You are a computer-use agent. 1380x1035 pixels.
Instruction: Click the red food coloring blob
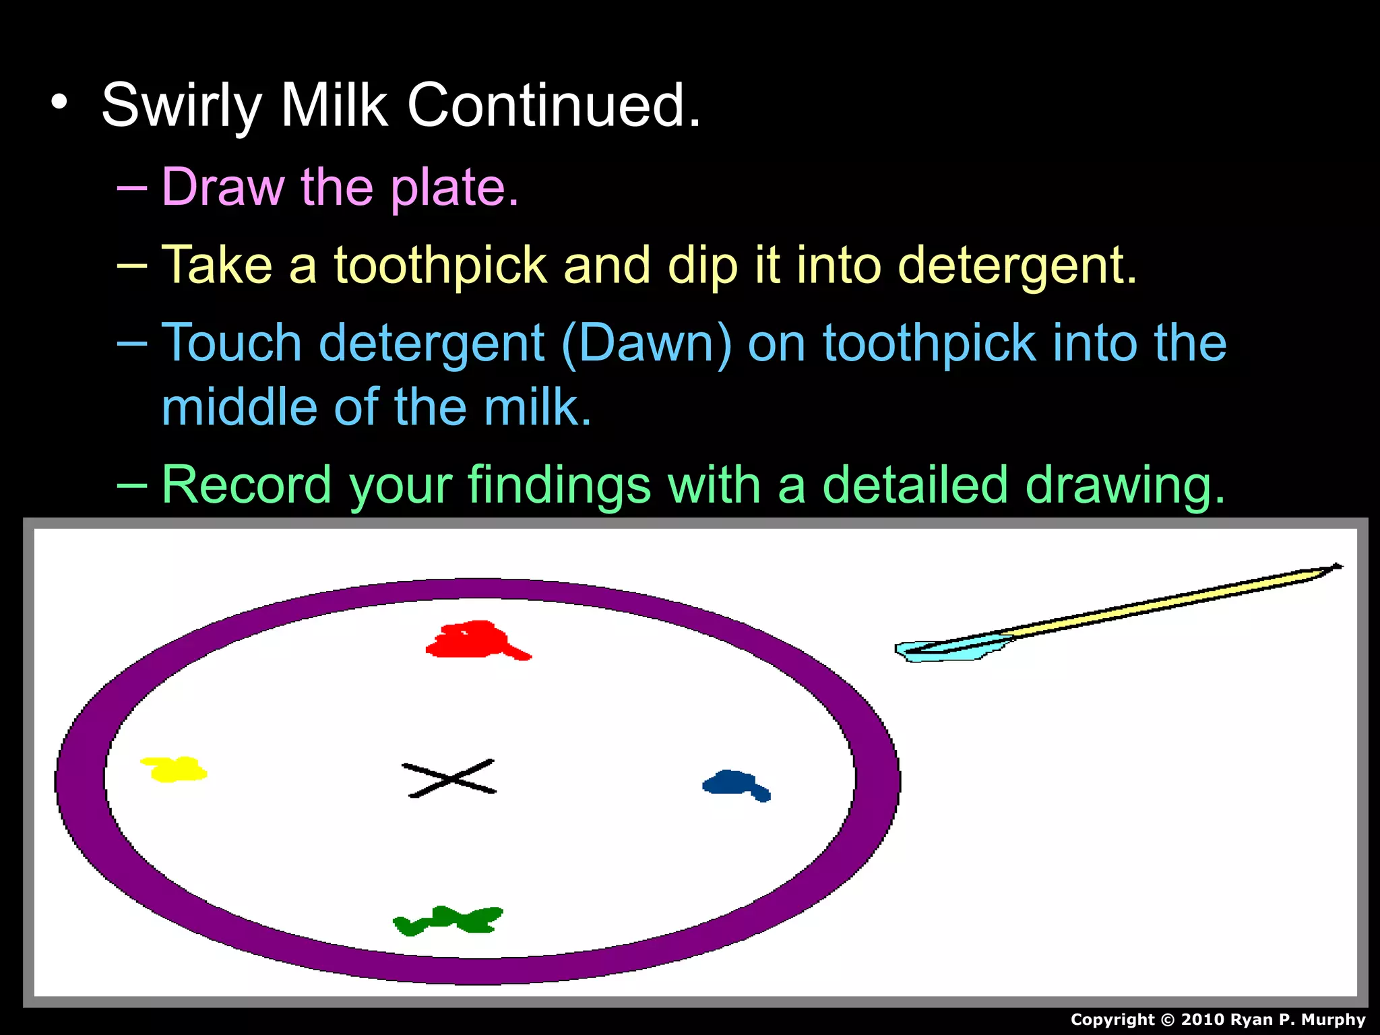[472, 640]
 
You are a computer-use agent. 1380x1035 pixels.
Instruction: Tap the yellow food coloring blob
[174, 769]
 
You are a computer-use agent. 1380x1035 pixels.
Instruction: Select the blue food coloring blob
[731, 783]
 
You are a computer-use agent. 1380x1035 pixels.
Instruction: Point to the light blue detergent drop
[943, 650]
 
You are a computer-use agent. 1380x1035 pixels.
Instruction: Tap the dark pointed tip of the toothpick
[1336, 567]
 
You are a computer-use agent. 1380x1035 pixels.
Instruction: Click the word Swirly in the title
[181, 106]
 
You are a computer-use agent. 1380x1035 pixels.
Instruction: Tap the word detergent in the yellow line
[1017, 265]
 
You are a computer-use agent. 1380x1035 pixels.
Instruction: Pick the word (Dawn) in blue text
[646, 344]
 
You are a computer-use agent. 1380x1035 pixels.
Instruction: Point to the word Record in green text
[247, 484]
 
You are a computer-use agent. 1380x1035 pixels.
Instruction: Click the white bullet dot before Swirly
[59, 102]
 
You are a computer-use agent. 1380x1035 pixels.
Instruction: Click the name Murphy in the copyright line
[1333, 1020]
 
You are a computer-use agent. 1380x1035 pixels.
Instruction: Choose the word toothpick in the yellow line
[440, 265]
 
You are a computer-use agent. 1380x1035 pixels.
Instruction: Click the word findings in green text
[559, 484]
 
